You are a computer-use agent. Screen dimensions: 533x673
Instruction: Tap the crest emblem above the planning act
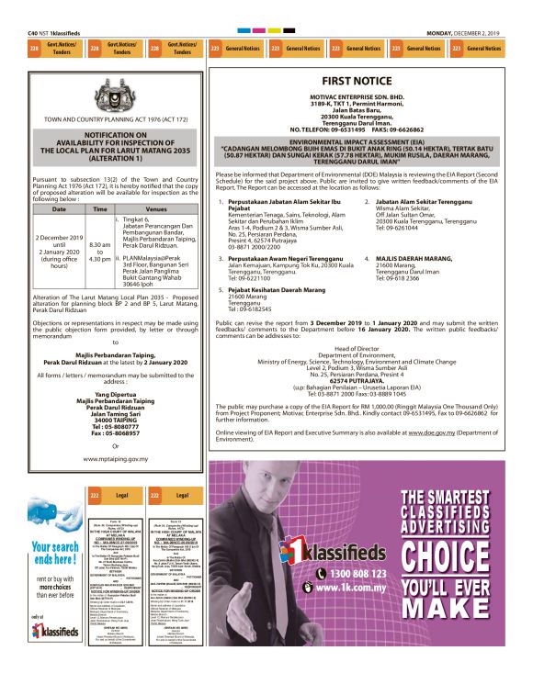tap(117, 91)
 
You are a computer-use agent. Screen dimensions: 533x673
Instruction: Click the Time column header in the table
tap(99, 208)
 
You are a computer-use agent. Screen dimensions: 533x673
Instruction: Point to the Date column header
tap(58, 208)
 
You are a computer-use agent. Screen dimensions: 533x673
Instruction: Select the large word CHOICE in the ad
tap(458, 555)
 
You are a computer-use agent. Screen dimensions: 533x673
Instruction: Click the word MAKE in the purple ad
tap(458, 633)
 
